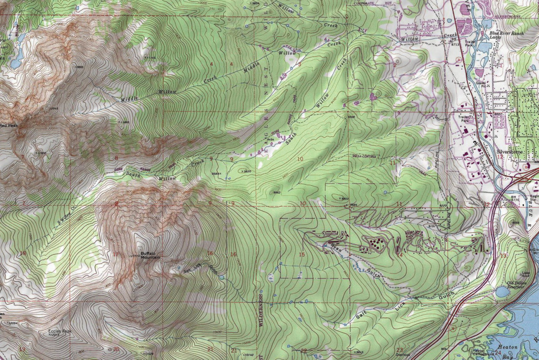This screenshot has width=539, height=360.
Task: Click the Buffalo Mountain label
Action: [150, 254]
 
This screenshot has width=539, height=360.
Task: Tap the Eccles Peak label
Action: [59, 331]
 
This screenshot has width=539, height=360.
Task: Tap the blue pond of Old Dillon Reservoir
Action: [502, 291]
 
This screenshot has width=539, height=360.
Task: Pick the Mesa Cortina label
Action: [367, 157]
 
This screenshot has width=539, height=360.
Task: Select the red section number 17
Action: [116, 255]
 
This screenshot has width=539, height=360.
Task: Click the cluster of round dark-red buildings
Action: [374, 243]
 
